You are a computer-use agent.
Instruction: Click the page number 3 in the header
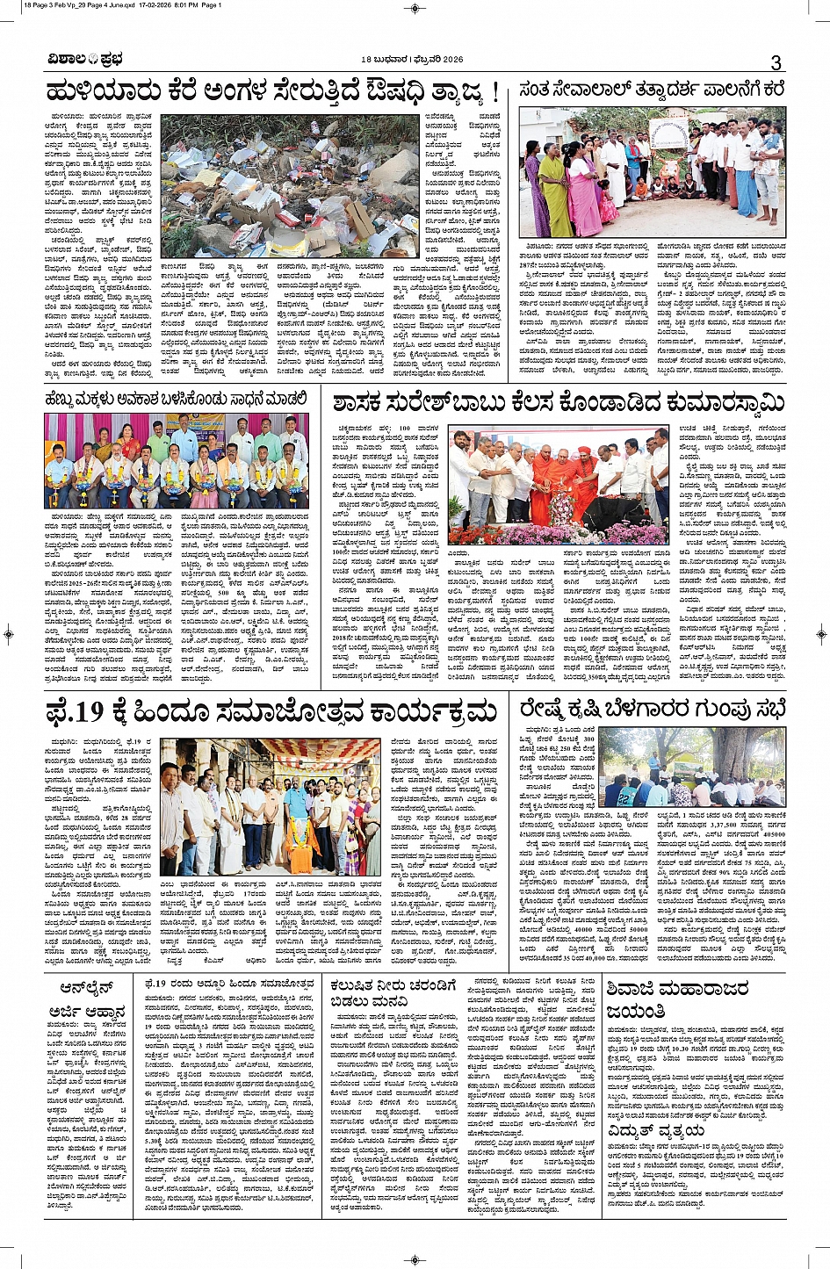coord(776,62)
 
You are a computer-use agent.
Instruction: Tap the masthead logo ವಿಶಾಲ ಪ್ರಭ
coord(85,60)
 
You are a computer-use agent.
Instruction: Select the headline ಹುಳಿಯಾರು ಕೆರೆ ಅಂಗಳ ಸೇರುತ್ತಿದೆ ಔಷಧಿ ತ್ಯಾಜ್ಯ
coord(272,92)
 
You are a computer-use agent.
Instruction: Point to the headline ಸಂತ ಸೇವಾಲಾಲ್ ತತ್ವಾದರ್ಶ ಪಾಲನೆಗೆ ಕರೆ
coord(651,90)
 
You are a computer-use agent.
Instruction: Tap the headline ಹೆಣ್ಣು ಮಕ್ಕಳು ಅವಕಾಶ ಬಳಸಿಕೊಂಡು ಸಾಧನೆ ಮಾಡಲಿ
coord(177,400)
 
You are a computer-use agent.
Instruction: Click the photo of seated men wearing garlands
coord(177,460)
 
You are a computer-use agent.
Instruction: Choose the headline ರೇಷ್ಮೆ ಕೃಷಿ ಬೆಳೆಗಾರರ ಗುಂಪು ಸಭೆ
coord(651,709)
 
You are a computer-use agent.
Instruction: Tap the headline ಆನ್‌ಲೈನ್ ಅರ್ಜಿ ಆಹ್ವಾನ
coord(88,999)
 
